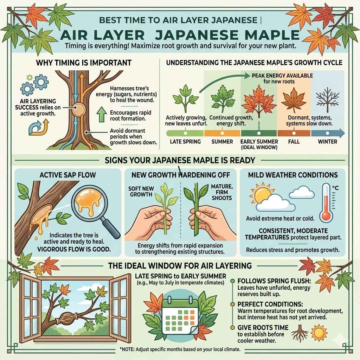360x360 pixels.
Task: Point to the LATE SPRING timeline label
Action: tap(185, 142)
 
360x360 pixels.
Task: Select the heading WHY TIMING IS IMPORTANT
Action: tap(84, 63)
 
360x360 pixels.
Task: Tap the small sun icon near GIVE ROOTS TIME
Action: tap(319, 333)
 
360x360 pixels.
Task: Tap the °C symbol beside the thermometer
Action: tap(335, 188)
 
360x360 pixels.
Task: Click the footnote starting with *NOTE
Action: tap(180, 349)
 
